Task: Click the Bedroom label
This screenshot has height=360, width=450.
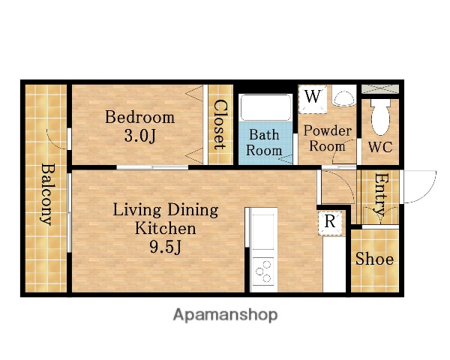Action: [139, 117]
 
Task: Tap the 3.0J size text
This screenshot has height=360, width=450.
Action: [139, 136]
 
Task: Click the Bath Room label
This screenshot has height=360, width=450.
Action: [264, 142]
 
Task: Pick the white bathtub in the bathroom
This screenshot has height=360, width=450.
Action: [266, 107]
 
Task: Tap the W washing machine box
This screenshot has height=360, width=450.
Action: [313, 99]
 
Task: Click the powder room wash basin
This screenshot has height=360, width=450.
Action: [344, 97]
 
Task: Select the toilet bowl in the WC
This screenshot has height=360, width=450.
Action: [380, 117]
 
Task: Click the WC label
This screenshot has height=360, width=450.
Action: [380, 147]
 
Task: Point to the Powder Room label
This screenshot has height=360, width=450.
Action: [328, 139]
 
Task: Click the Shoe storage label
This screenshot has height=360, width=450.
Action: [374, 258]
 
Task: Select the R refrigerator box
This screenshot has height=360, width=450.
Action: [330, 223]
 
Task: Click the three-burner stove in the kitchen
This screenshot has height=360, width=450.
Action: [264, 271]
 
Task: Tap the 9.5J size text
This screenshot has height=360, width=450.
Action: [166, 247]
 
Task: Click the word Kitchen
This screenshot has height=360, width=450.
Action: [166, 228]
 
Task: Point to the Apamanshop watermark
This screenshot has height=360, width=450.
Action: [225, 315]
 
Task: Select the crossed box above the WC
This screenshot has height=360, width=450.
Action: [380, 89]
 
